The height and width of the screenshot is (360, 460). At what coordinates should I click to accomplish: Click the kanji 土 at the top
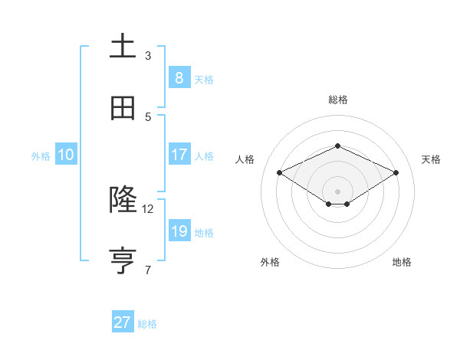coord(123,47)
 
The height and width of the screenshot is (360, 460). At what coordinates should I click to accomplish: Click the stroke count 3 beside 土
coord(148,55)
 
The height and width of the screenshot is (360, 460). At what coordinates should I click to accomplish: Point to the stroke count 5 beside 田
coord(148,116)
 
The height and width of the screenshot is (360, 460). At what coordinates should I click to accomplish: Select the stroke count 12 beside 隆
coord(148,208)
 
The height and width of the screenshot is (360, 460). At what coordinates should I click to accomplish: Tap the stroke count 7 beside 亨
coord(148,270)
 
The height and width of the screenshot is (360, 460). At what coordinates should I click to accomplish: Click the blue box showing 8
coord(179,77)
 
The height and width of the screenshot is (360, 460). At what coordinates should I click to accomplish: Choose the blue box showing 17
coord(179,155)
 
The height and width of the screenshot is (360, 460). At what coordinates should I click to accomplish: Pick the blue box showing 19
coord(179,231)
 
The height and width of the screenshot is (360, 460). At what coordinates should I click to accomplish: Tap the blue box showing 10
coord(65,155)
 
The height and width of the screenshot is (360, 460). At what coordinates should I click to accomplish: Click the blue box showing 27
coord(122,322)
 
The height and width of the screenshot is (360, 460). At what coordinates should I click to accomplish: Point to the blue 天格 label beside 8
coord(204,79)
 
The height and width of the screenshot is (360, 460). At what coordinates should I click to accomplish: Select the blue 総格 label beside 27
coord(147,324)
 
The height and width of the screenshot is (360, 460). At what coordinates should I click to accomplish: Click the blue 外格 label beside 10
coord(41,156)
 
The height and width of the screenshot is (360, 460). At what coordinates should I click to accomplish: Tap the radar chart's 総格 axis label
coord(337,100)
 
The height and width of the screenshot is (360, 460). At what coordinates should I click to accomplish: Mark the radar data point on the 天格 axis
coord(396,173)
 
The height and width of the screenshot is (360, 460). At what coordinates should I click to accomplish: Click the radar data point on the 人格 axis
coord(279,173)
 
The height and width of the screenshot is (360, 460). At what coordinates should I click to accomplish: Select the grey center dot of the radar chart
coord(337,191)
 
